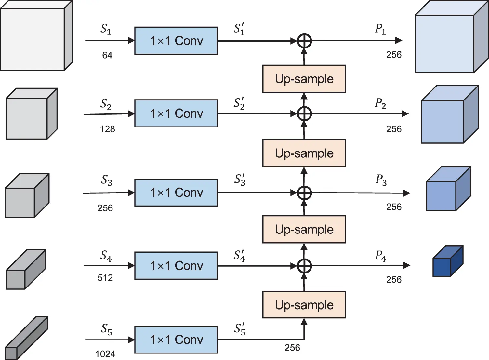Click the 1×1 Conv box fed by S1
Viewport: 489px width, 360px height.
(176, 41)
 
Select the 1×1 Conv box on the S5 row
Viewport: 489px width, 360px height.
(176, 340)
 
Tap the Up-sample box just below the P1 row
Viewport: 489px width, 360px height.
(304, 79)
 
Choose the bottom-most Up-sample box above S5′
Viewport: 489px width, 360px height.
(304, 305)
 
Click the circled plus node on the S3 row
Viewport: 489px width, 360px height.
(304, 193)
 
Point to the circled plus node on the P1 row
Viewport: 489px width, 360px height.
(304, 41)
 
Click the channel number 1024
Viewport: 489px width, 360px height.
(105, 354)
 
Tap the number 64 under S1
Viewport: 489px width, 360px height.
(107, 55)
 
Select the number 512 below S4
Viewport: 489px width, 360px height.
(105, 278)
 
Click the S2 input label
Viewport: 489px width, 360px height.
(106, 104)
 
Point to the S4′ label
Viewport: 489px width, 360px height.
(239, 256)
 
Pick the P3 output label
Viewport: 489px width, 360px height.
(381, 180)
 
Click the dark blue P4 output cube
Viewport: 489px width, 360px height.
(447, 262)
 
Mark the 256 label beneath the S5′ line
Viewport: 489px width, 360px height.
(292, 348)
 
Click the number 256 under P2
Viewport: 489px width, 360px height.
(394, 129)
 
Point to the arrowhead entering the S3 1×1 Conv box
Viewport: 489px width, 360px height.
(131, 193)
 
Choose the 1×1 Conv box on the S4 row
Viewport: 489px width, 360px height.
(176, 266)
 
